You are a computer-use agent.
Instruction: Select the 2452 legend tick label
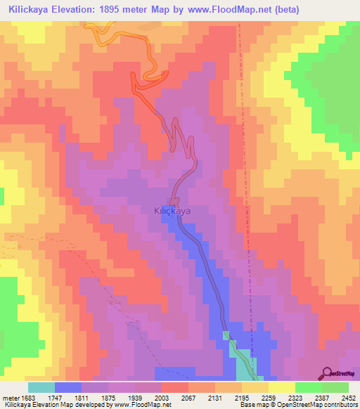point(349,398)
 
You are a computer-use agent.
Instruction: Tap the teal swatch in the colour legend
point(41,387)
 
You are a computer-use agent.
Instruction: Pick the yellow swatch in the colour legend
point(282,387)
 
